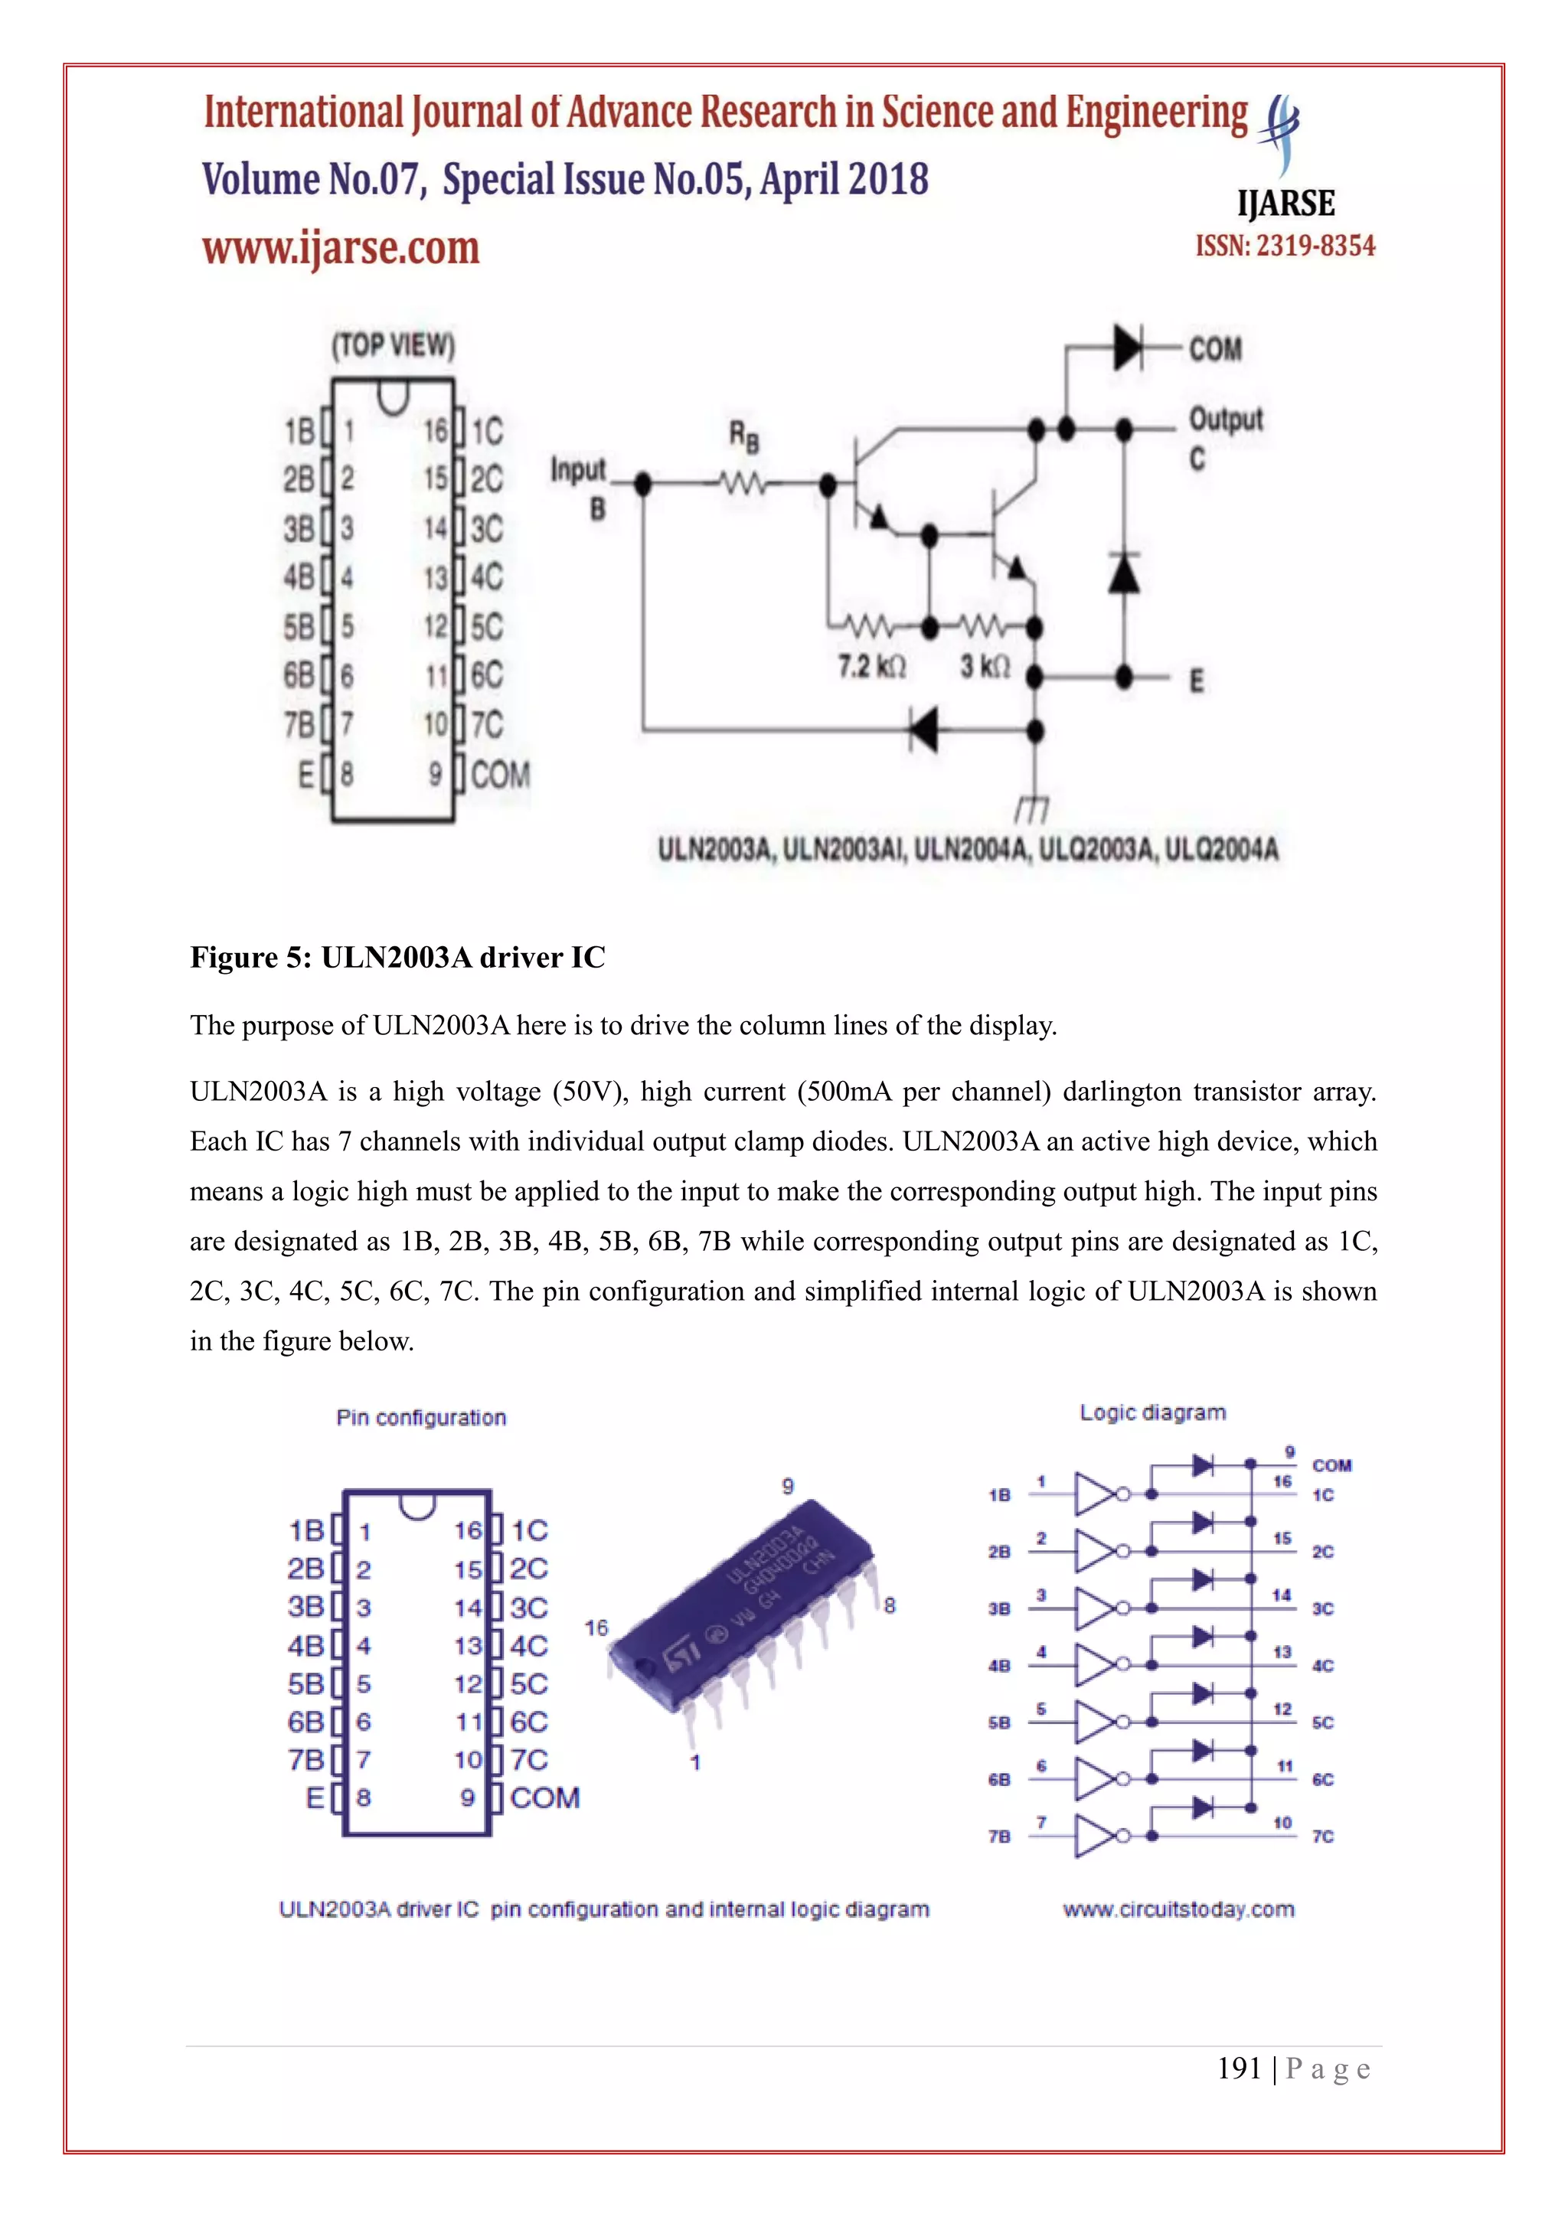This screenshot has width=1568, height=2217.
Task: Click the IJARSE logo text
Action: [x=1285, y=204]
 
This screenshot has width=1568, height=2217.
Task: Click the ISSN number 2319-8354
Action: [x=1285, y=247]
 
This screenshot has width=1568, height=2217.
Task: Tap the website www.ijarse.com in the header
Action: [x=341, y=248]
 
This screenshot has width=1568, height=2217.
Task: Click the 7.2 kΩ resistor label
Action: [x=871, y=666]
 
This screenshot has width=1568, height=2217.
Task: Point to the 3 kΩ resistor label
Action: [x=985, y=666]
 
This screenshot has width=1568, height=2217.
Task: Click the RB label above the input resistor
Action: [x=743, y=436]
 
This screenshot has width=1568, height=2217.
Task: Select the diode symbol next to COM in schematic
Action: [x=1127, y=347]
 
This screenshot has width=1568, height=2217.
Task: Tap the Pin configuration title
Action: [x=421, y=1418]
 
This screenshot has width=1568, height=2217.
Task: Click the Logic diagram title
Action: [x=1151, y=1412]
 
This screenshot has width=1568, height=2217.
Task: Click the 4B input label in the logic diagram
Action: [x=998, y=1666]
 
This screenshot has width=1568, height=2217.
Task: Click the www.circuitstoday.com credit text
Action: [x=1178, y=1909]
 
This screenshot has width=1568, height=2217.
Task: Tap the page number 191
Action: [x=1239, y=2068]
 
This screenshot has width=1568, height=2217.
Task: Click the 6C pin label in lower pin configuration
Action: [x=528, y=1722]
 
